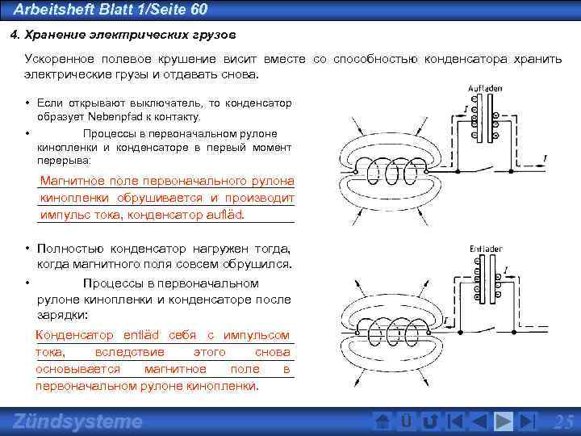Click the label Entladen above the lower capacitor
(485, 249)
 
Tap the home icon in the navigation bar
(384, 421)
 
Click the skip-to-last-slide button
(528, 421)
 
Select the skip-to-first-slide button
(455, 421)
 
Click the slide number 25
(563, 421)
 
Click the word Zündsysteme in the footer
(78, 421)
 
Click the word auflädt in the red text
(226, 216)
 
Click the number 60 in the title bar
(198, 10)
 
